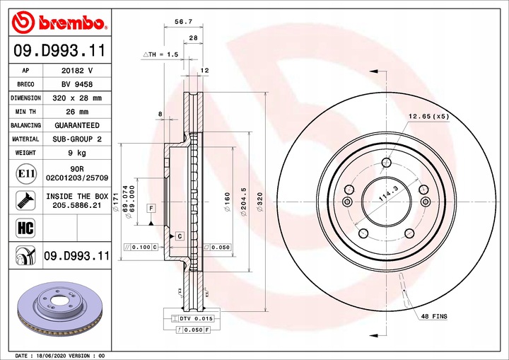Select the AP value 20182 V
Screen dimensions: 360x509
77,71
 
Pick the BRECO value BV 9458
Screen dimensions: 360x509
77,84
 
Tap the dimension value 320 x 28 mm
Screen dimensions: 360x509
77,98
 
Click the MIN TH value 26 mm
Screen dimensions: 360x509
77,112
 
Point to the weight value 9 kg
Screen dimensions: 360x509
77,153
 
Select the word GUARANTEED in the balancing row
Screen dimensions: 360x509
77,125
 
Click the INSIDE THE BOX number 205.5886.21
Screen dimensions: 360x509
77,204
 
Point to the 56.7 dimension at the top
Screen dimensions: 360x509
182,22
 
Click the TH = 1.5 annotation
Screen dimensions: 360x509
161,54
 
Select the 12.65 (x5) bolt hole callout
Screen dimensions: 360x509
428,116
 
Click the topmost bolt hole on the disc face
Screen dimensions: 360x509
386,164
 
